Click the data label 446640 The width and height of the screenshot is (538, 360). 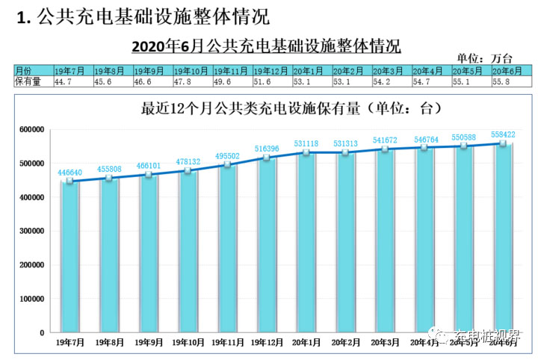[69, 173]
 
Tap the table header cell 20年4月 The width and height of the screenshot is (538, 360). [430, 69]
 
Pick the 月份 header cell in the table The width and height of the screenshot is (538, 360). [30, 69]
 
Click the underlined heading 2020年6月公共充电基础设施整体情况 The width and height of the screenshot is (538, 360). [266, 46]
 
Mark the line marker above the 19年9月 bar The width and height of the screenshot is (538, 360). [149, 175]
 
